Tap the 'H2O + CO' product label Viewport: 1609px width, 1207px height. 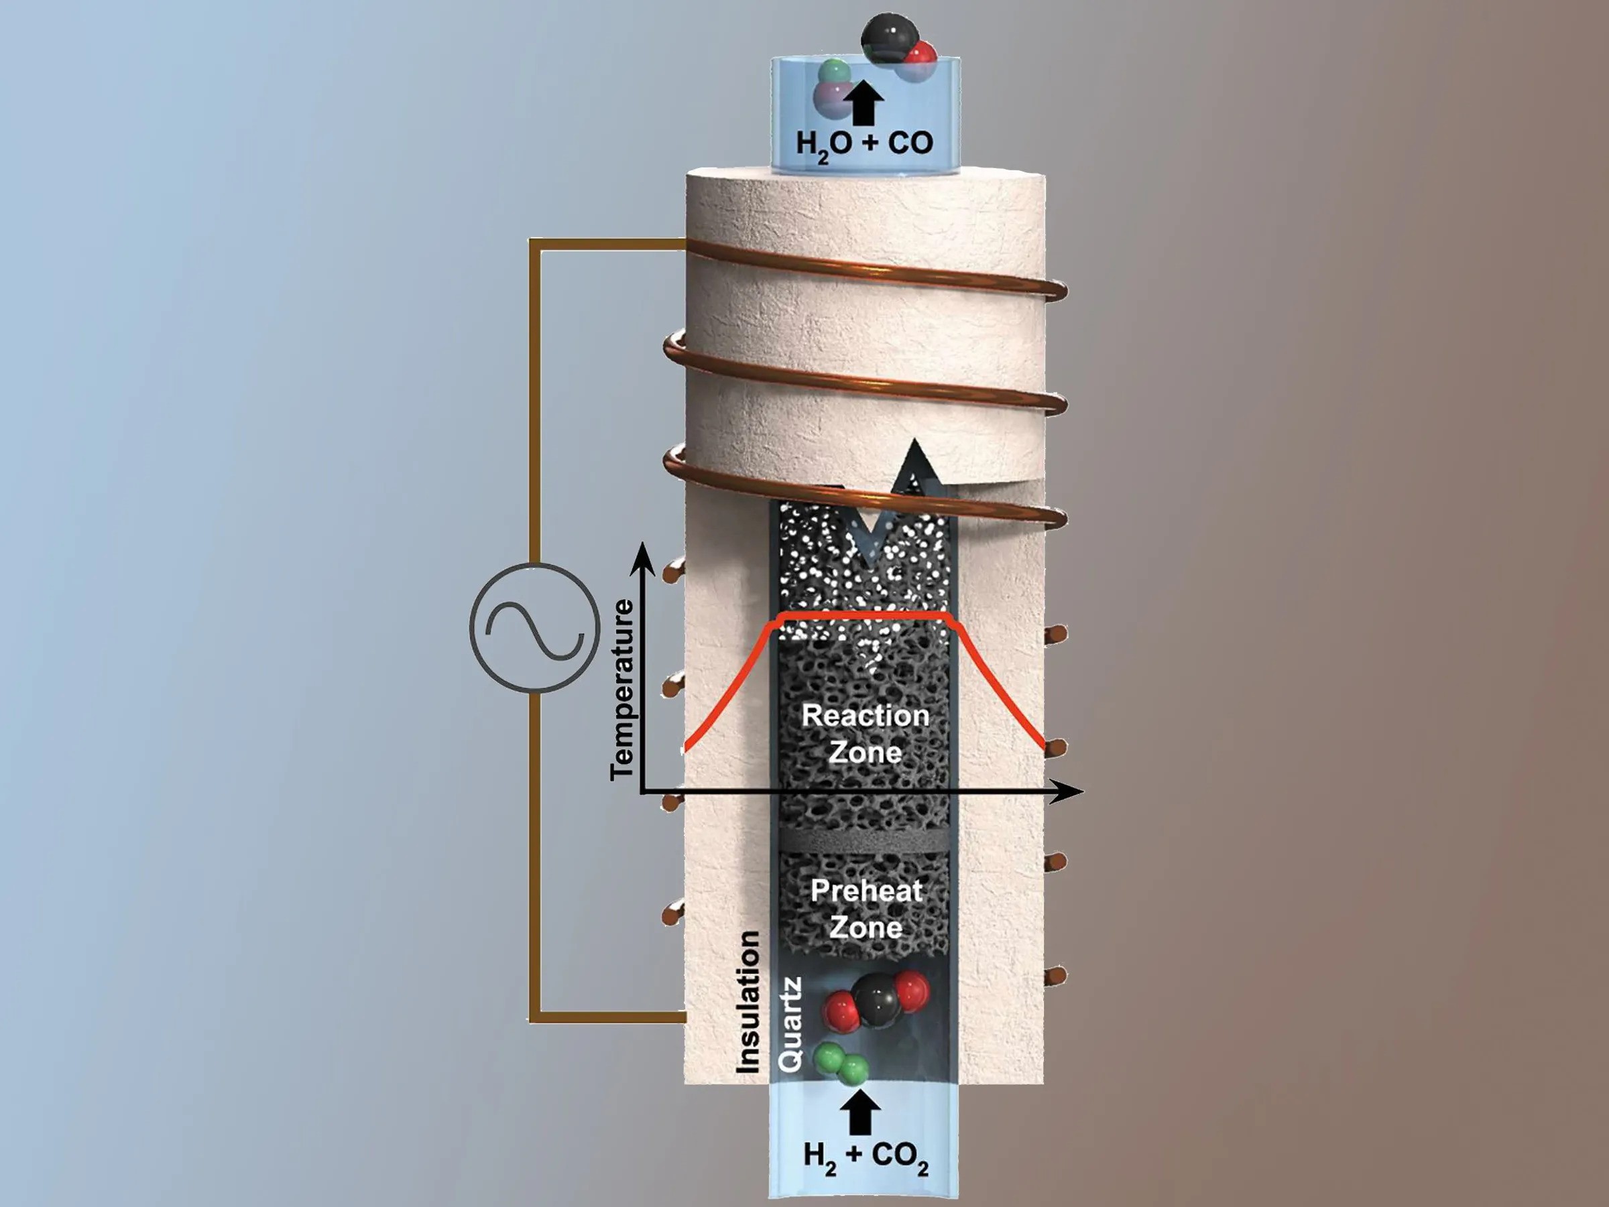pyautogui.click(x=864, y=143)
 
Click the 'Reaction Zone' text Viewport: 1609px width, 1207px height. pyautogui.click(x=866, y=733)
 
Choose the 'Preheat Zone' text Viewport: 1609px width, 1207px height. pyautogui.click(x=866, y=909)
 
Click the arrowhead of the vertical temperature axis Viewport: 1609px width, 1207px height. pyautogui.click(x=641, y=557)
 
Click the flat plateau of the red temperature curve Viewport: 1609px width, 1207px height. pyautogui.click(x=866, y=617)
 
